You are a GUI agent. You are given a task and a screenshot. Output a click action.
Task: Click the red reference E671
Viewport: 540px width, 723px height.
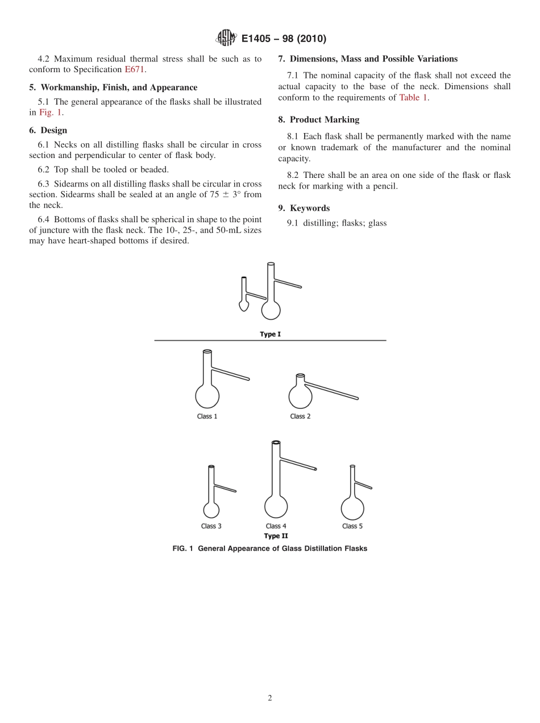135,70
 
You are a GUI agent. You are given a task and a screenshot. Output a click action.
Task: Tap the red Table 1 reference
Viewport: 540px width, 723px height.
413,98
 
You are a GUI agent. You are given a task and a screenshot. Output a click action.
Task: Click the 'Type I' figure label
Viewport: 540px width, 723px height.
270,334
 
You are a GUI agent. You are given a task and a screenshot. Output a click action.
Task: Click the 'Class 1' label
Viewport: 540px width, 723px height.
207,417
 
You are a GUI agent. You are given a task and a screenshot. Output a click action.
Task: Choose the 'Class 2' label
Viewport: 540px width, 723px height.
300,417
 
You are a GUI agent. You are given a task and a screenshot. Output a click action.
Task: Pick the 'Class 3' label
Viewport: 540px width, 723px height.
211,526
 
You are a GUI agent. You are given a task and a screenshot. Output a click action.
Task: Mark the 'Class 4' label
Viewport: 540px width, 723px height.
276,526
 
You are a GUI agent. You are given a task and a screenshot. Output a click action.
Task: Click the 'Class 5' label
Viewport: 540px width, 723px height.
352,526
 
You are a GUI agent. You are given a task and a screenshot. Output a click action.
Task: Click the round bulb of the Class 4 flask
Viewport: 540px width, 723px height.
276,506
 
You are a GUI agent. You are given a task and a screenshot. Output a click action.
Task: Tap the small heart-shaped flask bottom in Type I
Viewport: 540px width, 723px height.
244,306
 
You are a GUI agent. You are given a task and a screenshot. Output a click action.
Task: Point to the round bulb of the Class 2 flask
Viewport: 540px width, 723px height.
300,397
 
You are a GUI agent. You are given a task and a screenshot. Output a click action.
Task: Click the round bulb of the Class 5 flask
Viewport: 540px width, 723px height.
352,508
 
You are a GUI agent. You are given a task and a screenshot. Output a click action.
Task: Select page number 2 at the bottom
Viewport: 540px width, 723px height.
270,699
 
